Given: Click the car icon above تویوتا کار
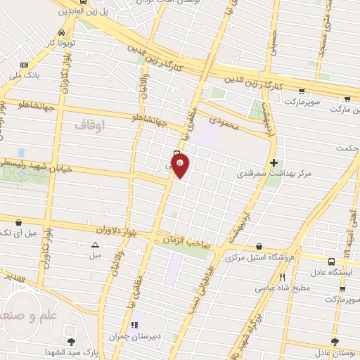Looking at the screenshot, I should click(62, 33).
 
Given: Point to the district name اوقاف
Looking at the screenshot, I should click(89, 124).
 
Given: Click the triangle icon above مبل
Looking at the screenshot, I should click(95, 245).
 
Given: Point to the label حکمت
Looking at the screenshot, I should click(347, 148).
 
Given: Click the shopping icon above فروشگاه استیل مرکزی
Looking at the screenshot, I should click(260, 247).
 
